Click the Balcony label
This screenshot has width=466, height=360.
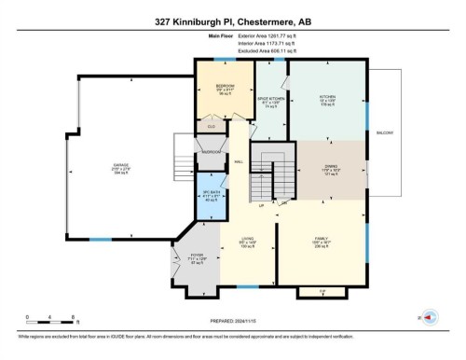383,133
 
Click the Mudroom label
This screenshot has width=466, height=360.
212,151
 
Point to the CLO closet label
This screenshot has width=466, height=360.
212,124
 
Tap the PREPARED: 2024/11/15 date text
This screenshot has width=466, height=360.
232,322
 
